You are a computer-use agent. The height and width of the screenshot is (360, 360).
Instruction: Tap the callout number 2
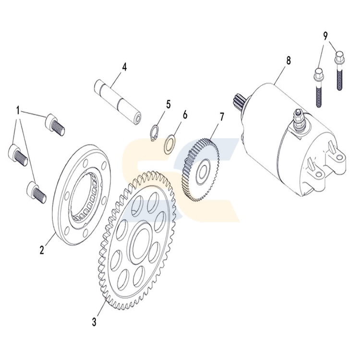(x=42, y=250)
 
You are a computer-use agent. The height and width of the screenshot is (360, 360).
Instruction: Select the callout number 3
(x=95, y=321)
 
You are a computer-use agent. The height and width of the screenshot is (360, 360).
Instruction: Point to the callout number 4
(x=124, y=67)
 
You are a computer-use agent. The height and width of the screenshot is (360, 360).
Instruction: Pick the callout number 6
(x=185, y=115)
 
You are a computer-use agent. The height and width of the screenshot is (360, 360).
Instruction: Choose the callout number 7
(x=222, y=117)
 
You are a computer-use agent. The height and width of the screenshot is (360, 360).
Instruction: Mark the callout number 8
(x=288, y=61)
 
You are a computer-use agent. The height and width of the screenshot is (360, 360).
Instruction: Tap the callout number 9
(x=325, y=35)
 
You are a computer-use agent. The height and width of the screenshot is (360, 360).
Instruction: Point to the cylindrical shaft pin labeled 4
(x=118, y=102)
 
